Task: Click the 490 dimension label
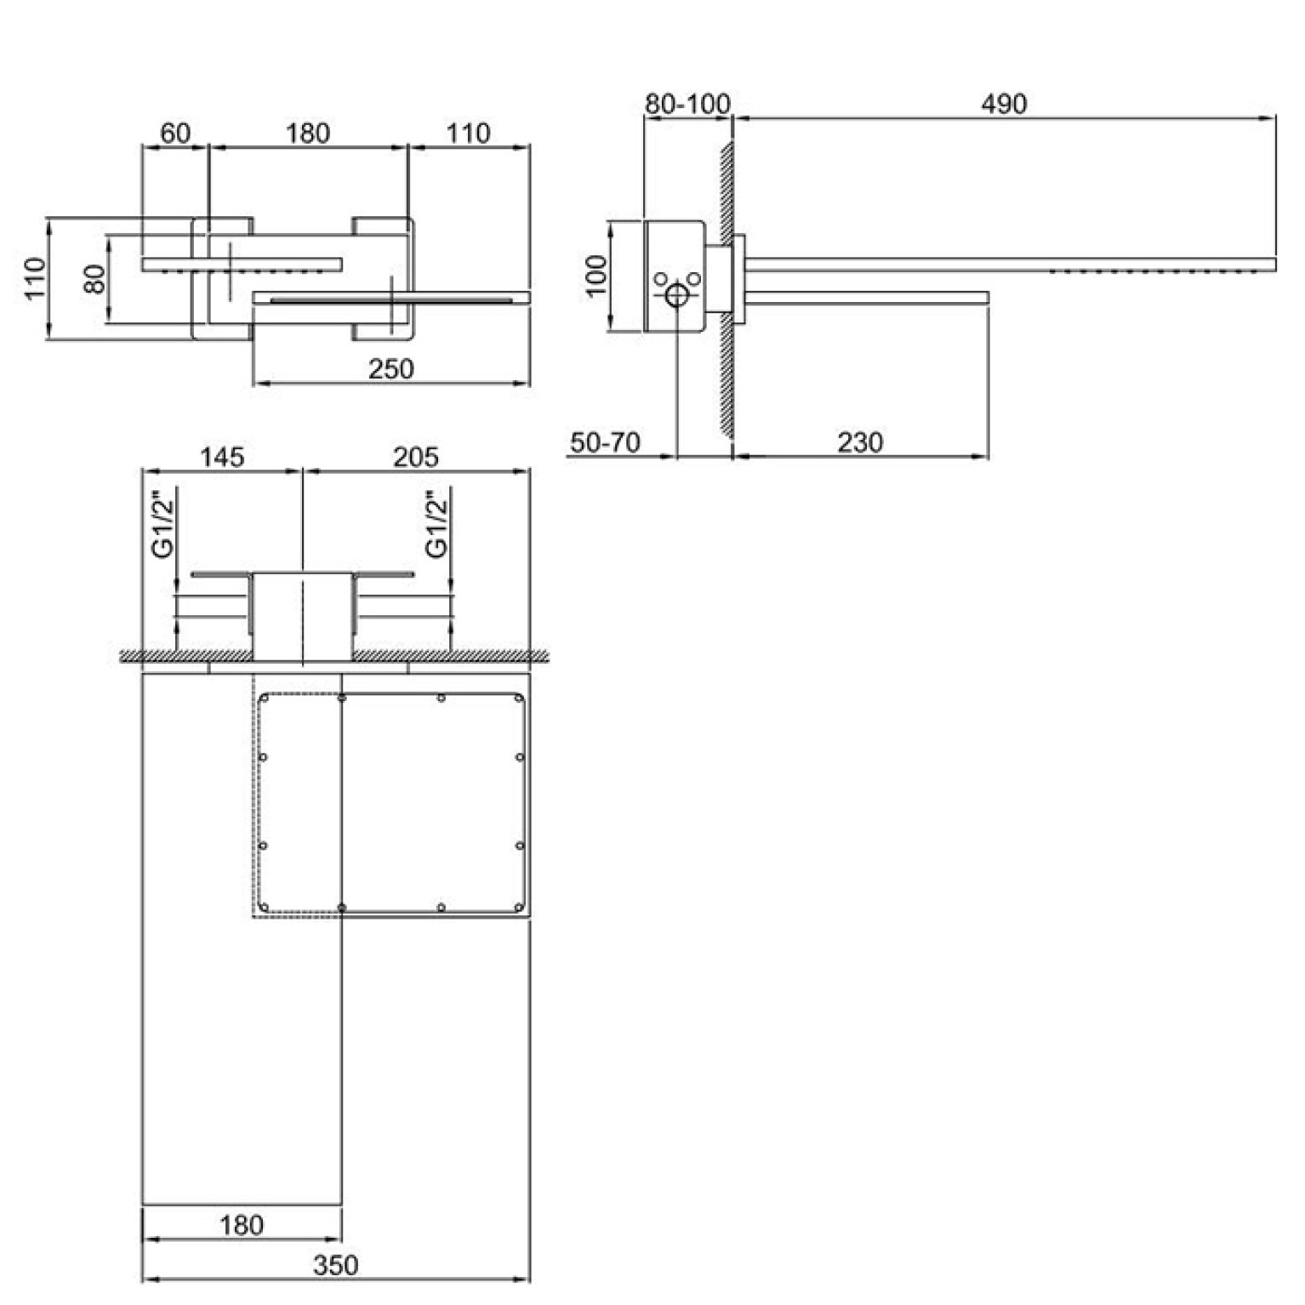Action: pyautogui.click(x=1004, y=104)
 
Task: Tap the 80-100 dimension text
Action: pyautogui.click(x=687, y=104)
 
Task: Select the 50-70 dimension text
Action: pyautogui.click(x=605, y=442)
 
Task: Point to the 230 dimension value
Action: pyautogui.click(x=860, y=442)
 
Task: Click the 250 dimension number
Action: pyautogui.click(x=391, y=369)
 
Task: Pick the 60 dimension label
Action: pyautogui.click(x=175, y=134)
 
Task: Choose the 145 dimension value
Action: pyautogui.click(x=222, y=457)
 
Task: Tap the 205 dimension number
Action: pyautogui.click(x=416, y=457)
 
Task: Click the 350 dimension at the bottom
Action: pyautogui.click(x=336, y=1265)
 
